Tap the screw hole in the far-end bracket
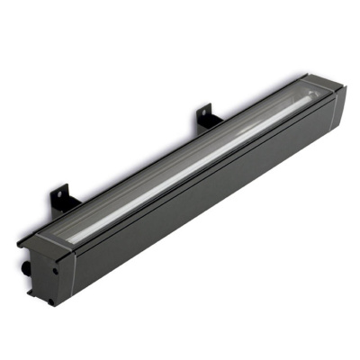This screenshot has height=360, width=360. pos(204,115)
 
